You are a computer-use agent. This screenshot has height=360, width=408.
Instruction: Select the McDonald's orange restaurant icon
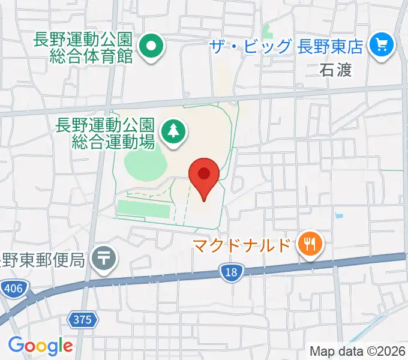tap(310, 245)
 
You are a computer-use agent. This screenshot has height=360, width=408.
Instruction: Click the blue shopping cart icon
tap(381, 46)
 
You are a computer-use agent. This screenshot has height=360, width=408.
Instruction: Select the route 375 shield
tap(83, 320)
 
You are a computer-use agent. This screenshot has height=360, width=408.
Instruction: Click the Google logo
tap(40, 346)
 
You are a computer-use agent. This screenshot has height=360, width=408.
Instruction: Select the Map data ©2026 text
tap(357, 352)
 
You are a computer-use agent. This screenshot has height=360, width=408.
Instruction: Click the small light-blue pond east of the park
tap(340, 215)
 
